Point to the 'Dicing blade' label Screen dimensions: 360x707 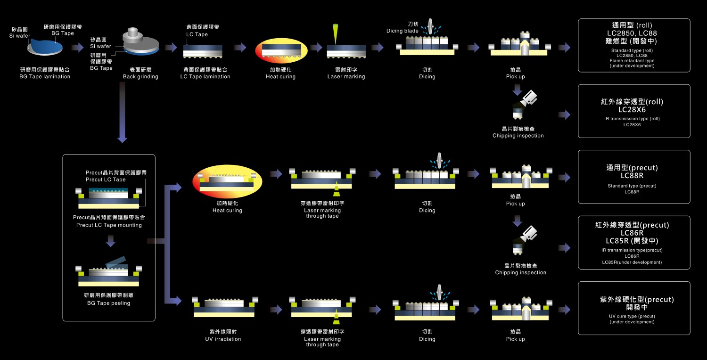(x=402, y=31)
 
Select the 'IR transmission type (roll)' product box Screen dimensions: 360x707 (x=634, y=111)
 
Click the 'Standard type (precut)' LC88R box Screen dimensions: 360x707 (x=634, y=177)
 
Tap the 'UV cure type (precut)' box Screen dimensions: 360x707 (x=634, y=308)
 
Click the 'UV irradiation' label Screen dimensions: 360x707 (x=223, y=339)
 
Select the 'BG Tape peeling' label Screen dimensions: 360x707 (x=108, y=303)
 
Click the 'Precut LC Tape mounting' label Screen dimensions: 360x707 (x=109, y=225)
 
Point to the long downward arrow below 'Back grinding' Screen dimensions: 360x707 (x=122, y=113)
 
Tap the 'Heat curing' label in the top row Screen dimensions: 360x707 (x=280, y=76)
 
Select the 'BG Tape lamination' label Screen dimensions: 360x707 (x=45, y=76)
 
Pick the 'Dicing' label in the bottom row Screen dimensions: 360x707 (x=427, y=339)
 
